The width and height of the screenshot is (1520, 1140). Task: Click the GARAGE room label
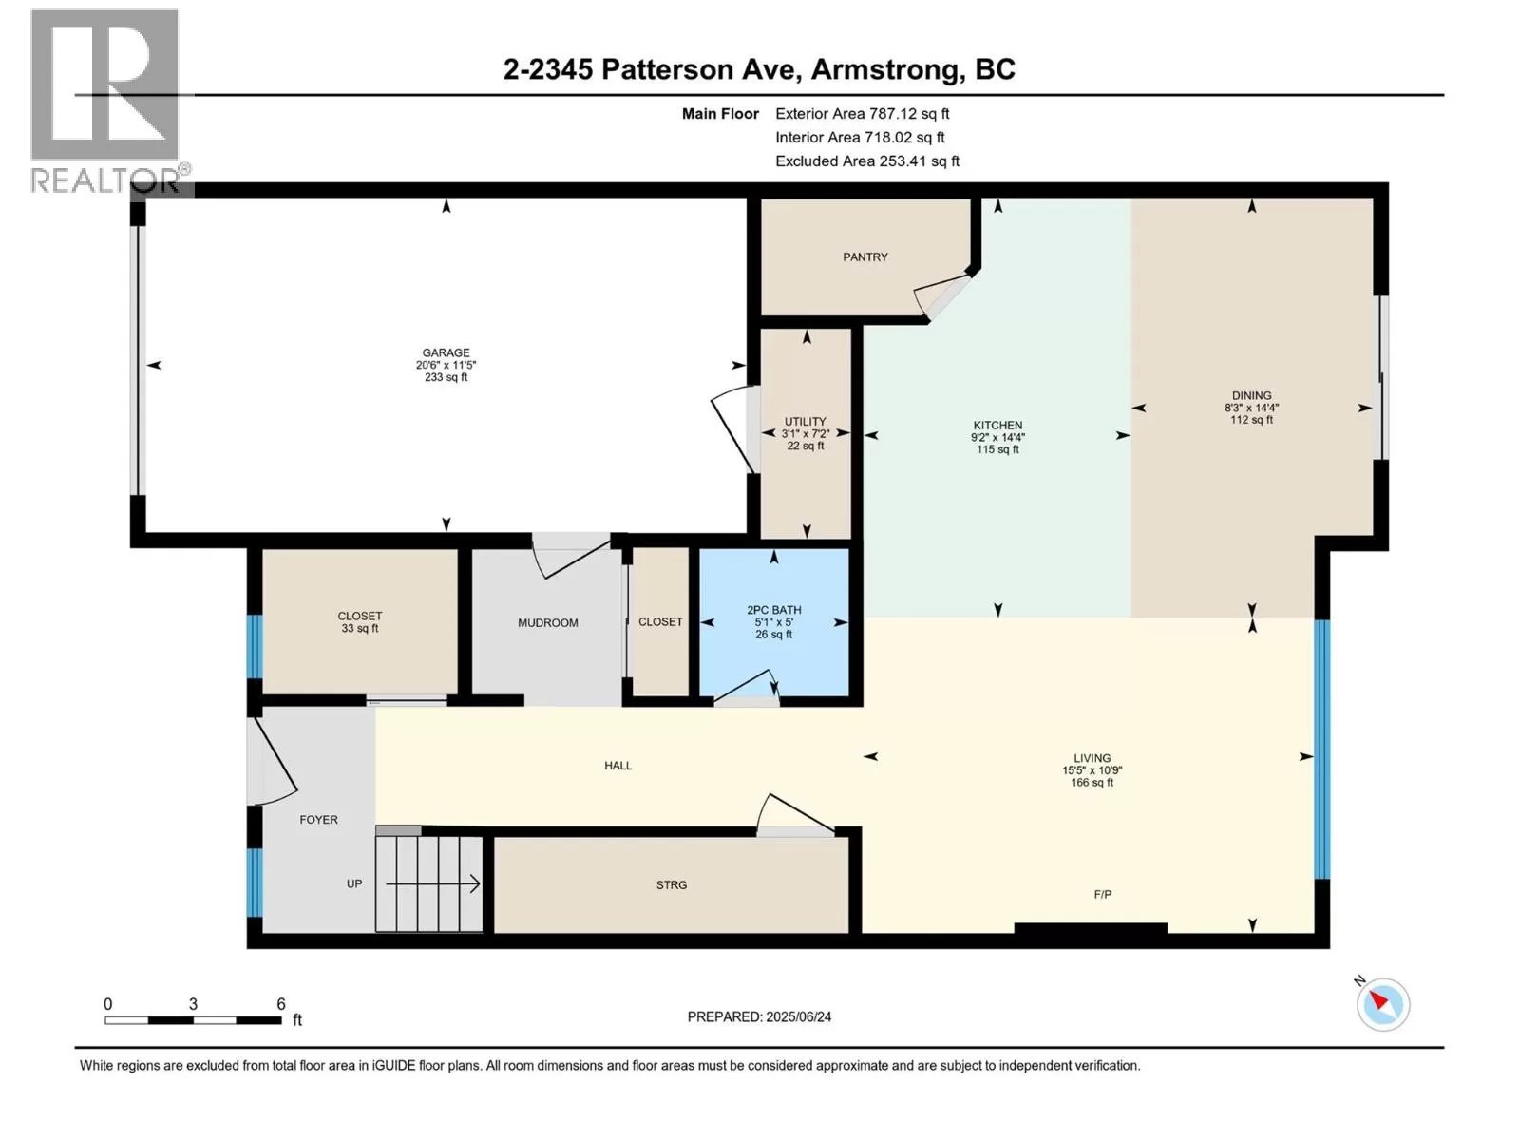(446, 352)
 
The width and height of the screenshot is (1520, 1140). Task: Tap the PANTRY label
(864, 256)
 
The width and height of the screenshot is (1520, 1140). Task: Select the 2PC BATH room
(773, 622)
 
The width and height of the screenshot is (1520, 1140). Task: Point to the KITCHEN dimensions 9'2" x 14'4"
(997, 437)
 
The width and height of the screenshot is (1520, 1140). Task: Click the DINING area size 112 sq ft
(1251, 420)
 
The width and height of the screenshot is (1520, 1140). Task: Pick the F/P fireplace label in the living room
(1102, 894)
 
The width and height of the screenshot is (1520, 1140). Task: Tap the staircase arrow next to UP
(433, 883)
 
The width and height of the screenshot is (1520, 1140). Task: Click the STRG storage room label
(671, 884)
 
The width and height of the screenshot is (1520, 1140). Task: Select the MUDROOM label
(548, 623)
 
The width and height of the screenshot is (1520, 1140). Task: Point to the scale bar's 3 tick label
(193, 1003)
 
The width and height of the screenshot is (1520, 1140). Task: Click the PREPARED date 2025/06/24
(798, 1016)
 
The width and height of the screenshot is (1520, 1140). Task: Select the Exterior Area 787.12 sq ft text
(863, 113)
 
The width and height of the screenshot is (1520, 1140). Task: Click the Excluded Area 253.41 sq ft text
(867, 161)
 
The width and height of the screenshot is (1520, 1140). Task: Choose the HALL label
(617, 766)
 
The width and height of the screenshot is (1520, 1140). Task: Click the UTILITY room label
(805, 422)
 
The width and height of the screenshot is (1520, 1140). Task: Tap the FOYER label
(318, 820)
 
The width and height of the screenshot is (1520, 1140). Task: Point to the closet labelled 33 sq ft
(359, 621)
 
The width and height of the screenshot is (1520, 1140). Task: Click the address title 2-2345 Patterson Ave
(653, 70)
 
